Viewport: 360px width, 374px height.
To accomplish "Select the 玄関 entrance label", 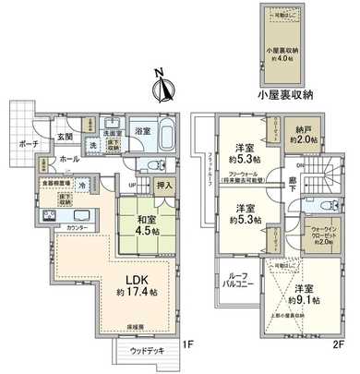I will tap(66, 137).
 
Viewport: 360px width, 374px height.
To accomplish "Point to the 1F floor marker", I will tap(186, 344).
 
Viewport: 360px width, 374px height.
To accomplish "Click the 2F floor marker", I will tap(340, 344).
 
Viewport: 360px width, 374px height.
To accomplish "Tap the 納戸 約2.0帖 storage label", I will tap(306, 135).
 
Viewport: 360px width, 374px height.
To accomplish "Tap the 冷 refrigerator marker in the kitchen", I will tap(84, 185).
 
